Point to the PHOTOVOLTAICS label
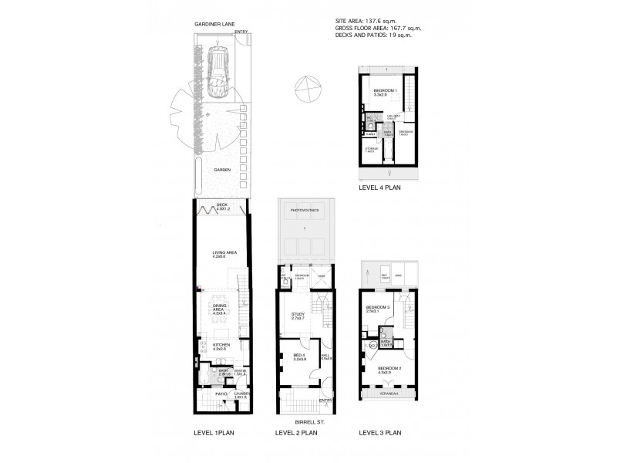pyautogui.click(x=305, y=210)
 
